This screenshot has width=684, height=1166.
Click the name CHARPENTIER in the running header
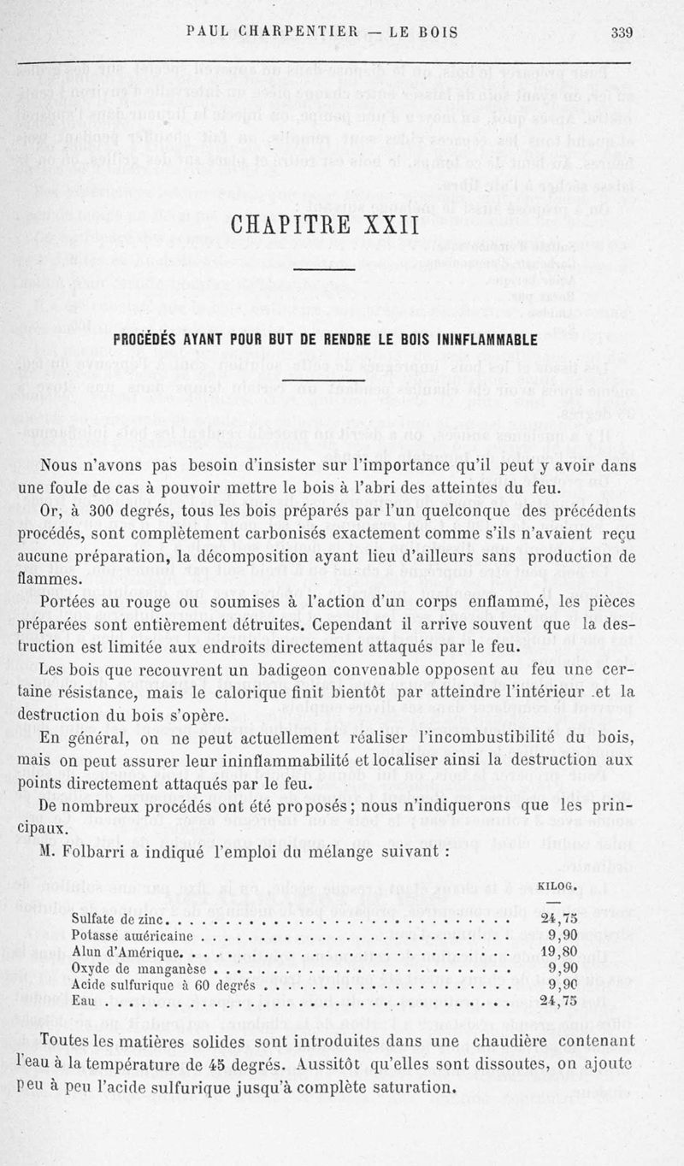[298, 33]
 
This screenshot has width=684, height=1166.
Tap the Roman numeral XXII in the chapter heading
[386, 228]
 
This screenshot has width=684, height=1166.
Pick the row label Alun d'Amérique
[126, 952]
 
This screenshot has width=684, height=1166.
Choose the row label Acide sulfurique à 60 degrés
[163, 985]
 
